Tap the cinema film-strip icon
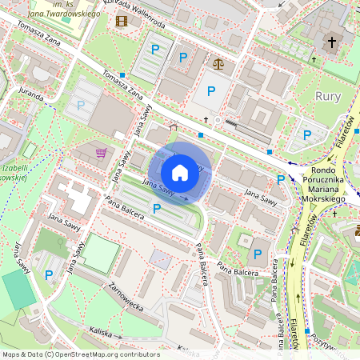click(x=122, y=20)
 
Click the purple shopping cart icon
click(x=101, y=152)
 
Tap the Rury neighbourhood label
click(x=328, y=97)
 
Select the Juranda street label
click(x=31, y=94)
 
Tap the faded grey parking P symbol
click(x=80, y=104)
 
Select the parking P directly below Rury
click(x=308, y=134)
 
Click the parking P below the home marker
click(x=157, y=209)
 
